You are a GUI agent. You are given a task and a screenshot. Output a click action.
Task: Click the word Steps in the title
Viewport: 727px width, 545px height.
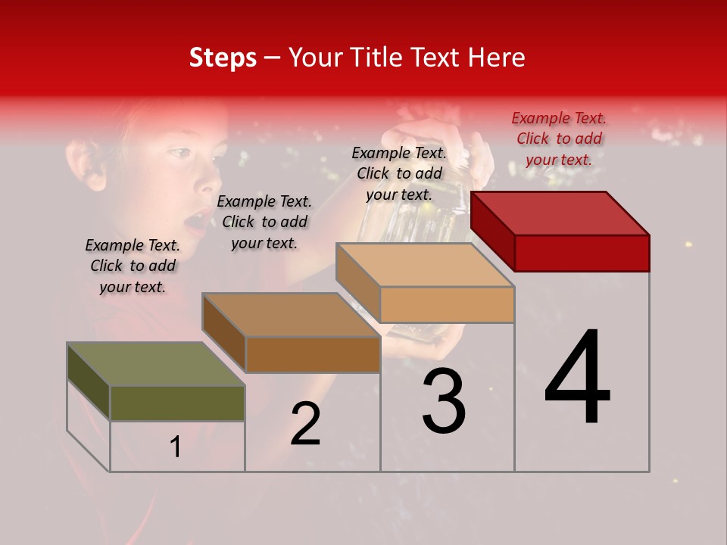(223, 58)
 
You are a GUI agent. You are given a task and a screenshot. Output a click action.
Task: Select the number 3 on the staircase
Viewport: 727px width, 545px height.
(444, 402)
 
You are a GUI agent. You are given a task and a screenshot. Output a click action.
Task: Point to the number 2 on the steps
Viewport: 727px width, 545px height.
(306, 425)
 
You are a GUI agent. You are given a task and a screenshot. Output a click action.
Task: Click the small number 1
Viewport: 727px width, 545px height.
(176, 447)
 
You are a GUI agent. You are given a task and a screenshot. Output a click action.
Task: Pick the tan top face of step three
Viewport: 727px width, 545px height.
(425, 265)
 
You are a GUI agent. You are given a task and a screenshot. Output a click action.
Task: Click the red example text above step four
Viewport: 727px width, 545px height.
(559, 139)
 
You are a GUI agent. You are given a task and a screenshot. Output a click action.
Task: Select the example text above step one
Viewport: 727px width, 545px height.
(133, 266)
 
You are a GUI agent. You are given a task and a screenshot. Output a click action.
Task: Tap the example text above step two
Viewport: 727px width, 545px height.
(264, 222)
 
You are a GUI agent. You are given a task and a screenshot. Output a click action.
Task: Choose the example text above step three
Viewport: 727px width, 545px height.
(399, 173)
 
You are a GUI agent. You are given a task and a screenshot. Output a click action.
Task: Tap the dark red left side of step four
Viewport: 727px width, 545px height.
(492, 231)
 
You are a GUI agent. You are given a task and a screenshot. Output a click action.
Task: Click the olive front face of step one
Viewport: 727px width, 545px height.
(177, 403)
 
